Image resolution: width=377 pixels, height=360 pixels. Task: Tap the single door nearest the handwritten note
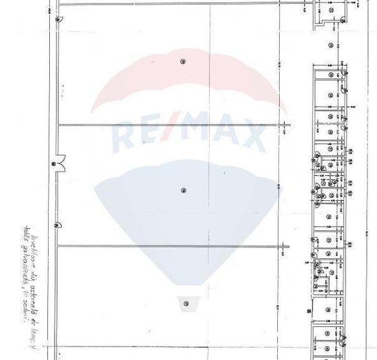58,224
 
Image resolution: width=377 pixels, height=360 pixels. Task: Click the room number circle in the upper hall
183,61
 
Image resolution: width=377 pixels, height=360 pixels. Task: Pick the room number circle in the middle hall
183,190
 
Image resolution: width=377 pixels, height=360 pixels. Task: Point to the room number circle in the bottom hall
185,303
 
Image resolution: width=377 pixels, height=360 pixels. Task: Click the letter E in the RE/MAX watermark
152,136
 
